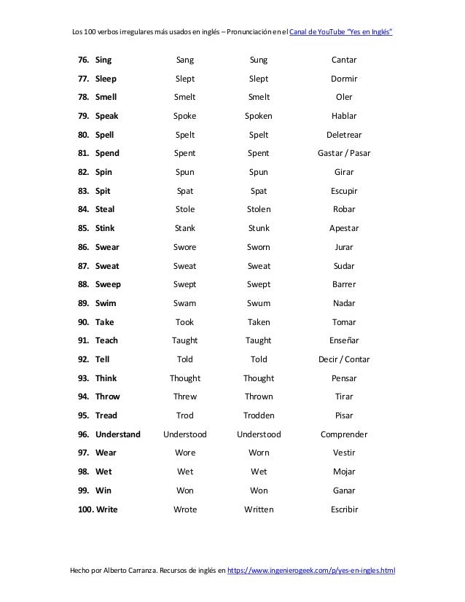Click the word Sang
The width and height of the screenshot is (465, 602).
pyautogui.click(x=185, y=60)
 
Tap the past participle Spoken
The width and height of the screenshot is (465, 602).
pyautogui.click(x=258, y=116)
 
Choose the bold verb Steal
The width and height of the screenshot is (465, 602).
pyautogui.click(x=105, y=209)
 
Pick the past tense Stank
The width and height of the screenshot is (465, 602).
pyautogui.click(x=185, y=228)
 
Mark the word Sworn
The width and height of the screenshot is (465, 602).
pyautogui.click(x=258, y=247)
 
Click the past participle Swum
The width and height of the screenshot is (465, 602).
pyautogui.click(x=258, y=303)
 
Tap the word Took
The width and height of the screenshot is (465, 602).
pyautogui.click(x=185, y=322)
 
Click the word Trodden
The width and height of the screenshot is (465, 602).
pyautogui.click(x=258, y=415)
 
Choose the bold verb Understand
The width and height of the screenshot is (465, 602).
pyautogui.click(x=118, y=434)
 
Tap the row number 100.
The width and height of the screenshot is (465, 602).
pyautogui.click(x=85, y=509)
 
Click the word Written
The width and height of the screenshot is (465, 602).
pyautogui.click(x=258, y=509)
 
